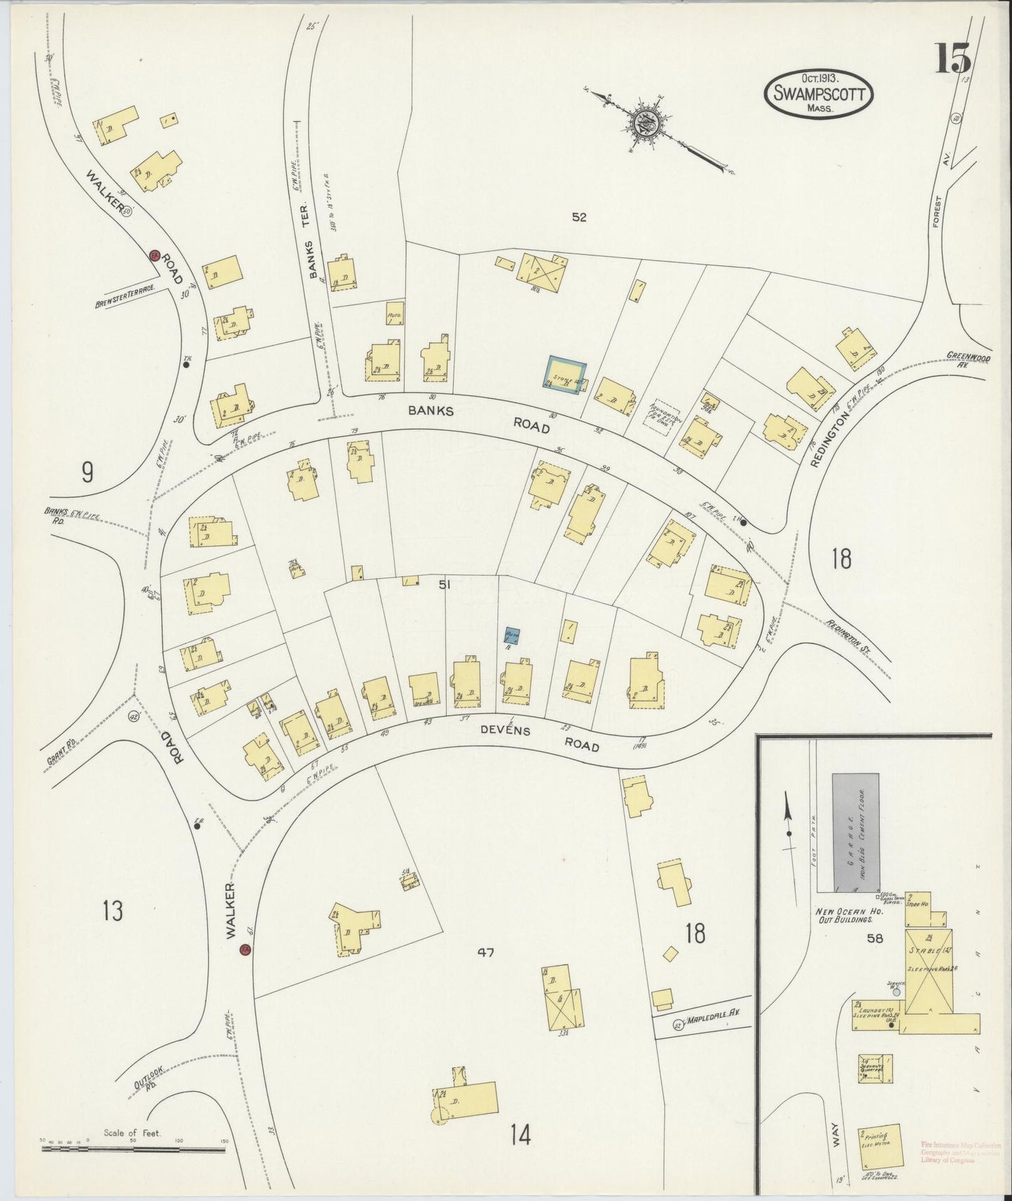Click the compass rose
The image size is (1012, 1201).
(645, 125)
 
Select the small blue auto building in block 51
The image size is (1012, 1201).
(512, 636)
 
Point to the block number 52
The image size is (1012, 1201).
(578, 217)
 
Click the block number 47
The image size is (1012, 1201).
(485, 952)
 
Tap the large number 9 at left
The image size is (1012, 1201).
(87, 474)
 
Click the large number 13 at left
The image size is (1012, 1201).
(112, 912)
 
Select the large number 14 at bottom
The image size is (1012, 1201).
(520, 1135)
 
